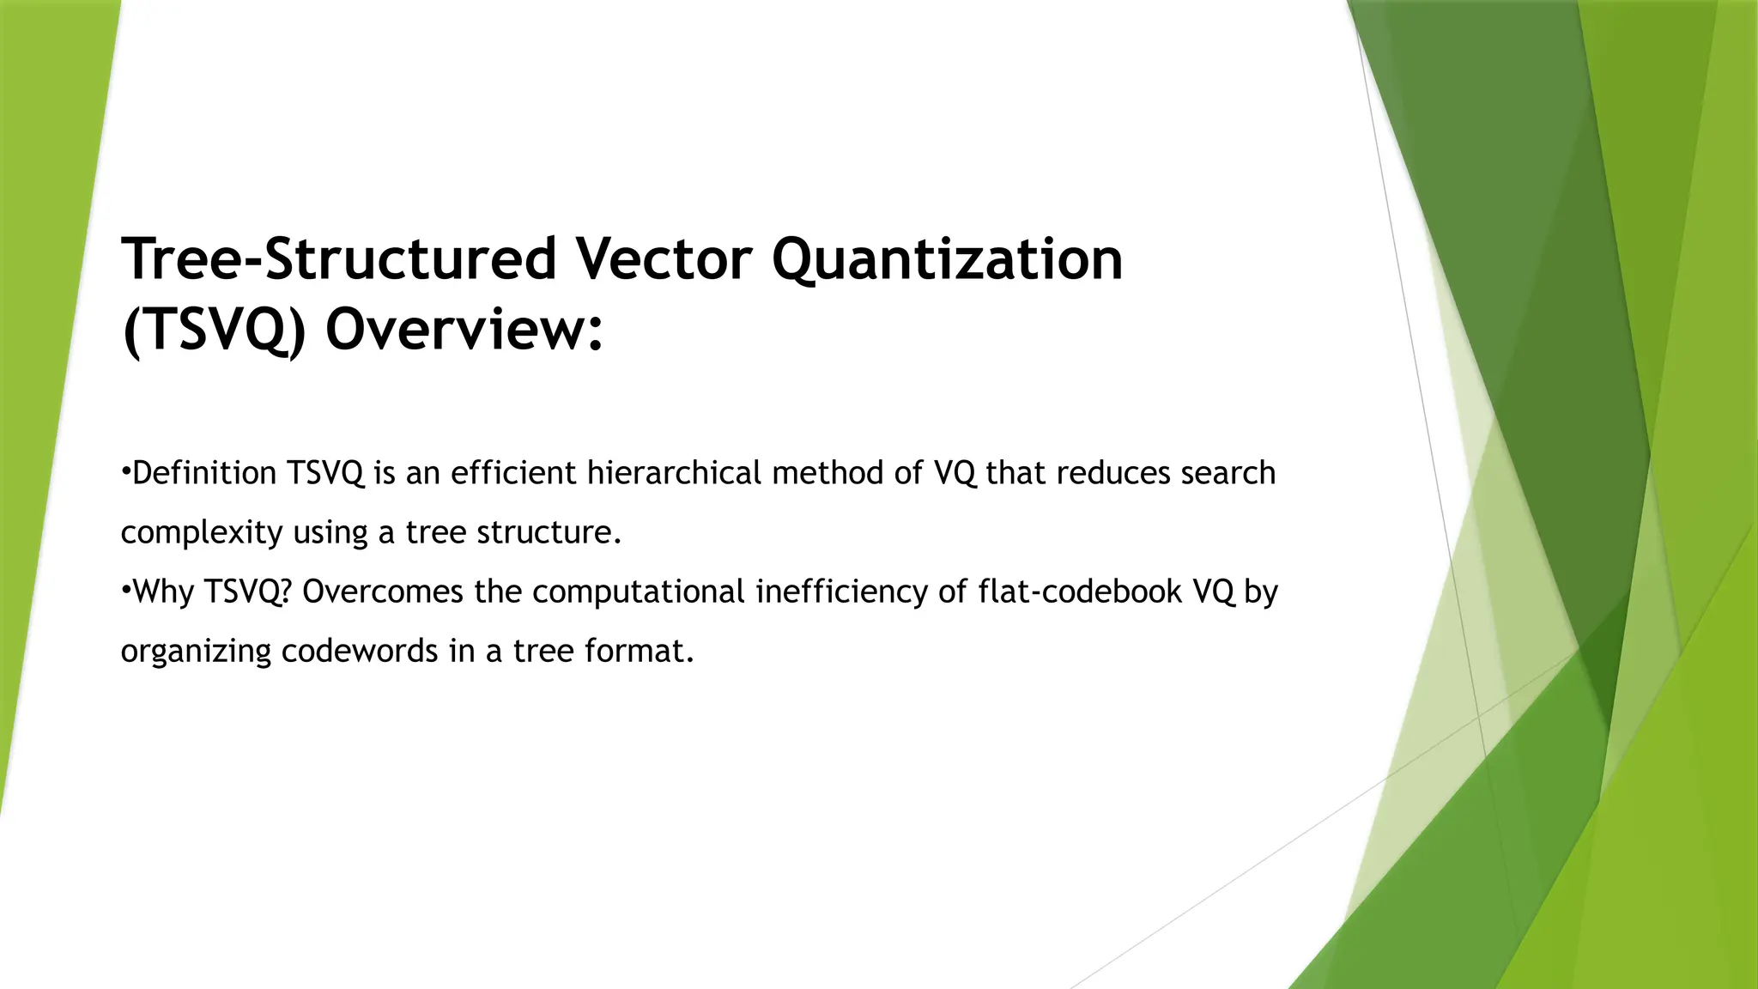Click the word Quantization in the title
(947, 259)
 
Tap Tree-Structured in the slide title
(339, 259)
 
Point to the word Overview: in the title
(464, 331)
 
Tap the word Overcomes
(383, 592)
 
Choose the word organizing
(195, 652)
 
